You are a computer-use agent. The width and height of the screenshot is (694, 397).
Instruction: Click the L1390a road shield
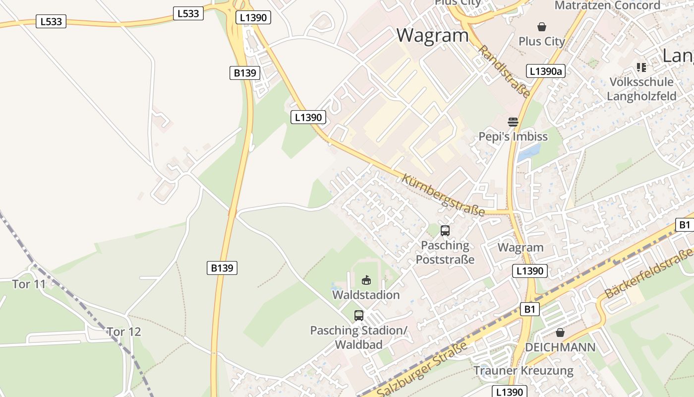coord(545,71)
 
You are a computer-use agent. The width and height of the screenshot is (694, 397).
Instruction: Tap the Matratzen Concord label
coord(607,5)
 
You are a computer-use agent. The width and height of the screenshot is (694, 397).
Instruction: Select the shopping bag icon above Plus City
coord(542,27)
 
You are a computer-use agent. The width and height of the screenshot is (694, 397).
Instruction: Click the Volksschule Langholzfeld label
coord(641,89)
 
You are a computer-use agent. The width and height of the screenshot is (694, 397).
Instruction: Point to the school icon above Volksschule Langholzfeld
coord(641,67)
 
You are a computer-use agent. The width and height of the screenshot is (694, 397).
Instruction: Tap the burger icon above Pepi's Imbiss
coord(513,122)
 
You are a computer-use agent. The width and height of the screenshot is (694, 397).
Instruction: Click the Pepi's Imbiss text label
coord(513,136)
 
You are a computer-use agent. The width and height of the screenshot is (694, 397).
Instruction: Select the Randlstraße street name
coord(505,71)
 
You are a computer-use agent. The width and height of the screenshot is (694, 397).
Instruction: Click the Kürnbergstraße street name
coord(443,195)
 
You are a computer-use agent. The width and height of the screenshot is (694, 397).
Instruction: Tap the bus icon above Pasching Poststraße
coord(445,230)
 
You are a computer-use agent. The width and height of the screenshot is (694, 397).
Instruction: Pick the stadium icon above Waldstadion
coord(366,280)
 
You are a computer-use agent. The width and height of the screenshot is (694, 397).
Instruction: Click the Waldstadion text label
coord(366,295)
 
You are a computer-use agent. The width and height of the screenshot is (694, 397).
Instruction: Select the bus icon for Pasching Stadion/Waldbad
coord(358,315)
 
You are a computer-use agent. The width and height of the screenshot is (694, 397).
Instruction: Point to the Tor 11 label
coord(29,284)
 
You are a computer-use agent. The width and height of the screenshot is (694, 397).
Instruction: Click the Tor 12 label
coord(124,331)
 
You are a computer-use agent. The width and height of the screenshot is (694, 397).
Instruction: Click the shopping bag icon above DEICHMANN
coord(560,332)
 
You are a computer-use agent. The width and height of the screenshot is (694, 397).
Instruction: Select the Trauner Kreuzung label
coord(523,371)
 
